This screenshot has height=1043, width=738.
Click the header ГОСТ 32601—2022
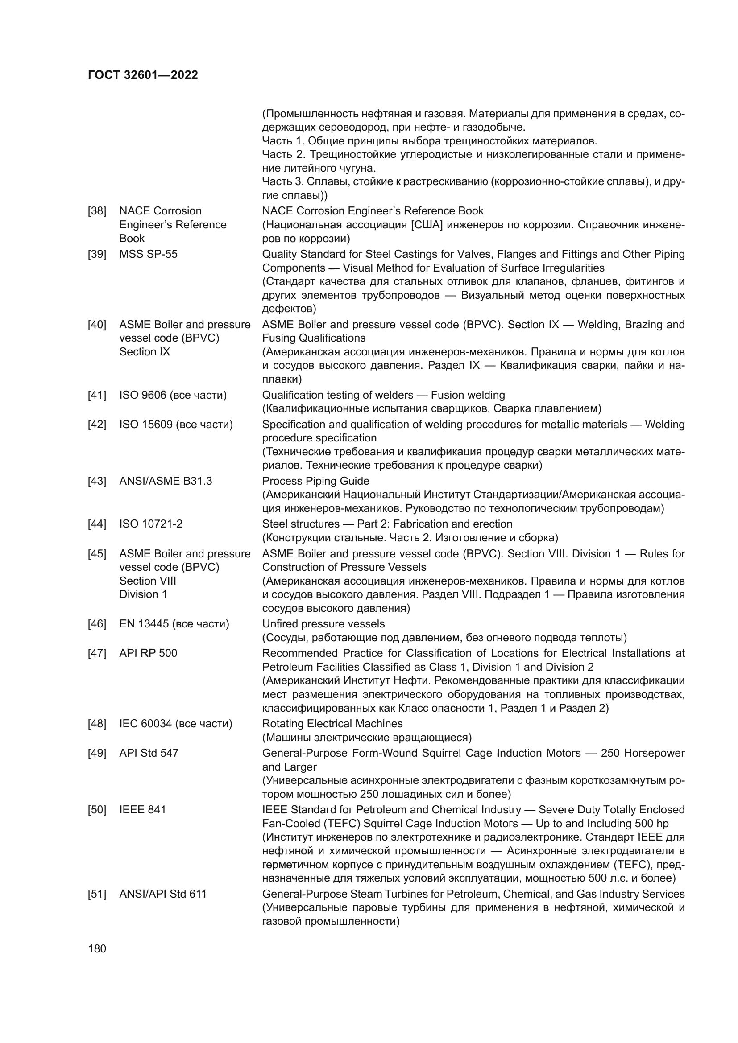[143, 75]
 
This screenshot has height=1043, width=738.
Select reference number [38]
[97, 211]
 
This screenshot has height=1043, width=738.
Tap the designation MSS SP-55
[148, 254]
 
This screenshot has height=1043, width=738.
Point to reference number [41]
[97, 395]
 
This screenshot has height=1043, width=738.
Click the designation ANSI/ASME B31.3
[166, 481]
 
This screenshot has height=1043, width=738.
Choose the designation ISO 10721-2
[151, 524]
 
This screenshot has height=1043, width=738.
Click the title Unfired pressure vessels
[323, 624]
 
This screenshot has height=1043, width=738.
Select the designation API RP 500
[148, 653]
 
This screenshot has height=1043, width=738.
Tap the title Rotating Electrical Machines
[332, 724]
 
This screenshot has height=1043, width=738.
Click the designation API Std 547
[149, 753]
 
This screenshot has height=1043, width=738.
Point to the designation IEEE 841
[143, 809]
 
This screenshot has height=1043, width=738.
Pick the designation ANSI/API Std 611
[163, 894]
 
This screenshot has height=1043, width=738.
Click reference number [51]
[97, 894]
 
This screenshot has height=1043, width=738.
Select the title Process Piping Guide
[315, 481]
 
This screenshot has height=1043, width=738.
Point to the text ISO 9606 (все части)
[173, 395]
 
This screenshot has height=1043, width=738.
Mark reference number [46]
[97, 624]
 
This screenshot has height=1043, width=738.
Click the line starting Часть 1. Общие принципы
[429, 141]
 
